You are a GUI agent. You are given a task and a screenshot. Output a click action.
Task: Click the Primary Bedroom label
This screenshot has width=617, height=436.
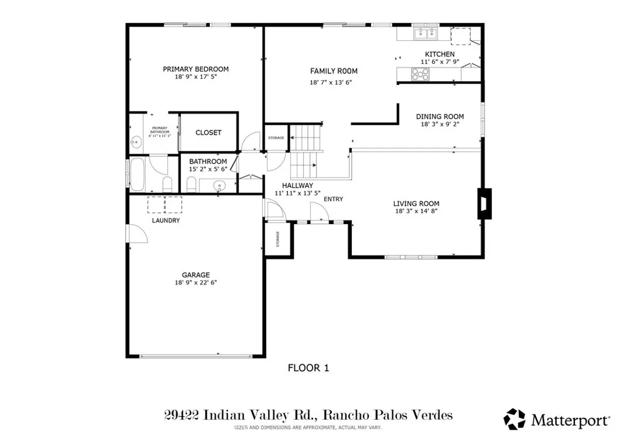(x=195, y=69)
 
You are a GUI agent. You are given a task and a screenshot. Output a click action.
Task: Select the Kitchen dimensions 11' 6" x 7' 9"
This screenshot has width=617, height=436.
(x=439, y=62)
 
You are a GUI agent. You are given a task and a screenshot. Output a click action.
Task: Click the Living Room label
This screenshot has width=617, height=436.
(x=416, y=204)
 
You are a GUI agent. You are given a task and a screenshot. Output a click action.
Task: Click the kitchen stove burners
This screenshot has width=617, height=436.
(x=420, y=74)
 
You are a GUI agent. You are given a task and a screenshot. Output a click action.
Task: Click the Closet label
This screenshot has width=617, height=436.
(x=208, y=132)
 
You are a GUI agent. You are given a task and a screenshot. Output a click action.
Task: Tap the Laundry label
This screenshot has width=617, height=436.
(x=166, y=220)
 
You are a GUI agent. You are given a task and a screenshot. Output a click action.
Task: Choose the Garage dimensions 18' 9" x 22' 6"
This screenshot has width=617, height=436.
(x=195, y=282)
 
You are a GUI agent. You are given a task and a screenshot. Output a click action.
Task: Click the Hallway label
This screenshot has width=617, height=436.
(x=297, y=185)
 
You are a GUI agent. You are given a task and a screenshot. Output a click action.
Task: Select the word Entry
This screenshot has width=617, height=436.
(x=333, y=199)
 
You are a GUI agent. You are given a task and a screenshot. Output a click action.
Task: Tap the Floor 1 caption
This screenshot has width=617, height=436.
(x=308, y=367)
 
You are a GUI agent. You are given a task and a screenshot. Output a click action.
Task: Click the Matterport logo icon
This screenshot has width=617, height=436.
(x=514, y=419)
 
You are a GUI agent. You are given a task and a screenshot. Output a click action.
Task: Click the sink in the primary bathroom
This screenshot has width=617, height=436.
(x=134, y=142)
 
